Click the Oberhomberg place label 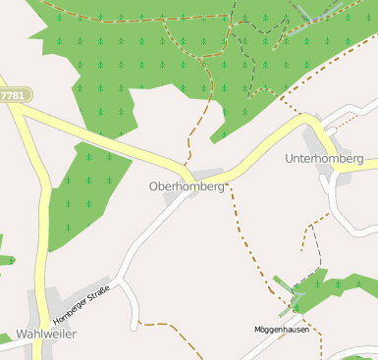click(186, 185)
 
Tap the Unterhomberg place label click(324, 158)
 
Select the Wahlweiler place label click(46, 334)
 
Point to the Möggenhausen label click(282, 330)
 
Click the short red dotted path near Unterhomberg click(345, 123)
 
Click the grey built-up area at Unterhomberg click(324, 174)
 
